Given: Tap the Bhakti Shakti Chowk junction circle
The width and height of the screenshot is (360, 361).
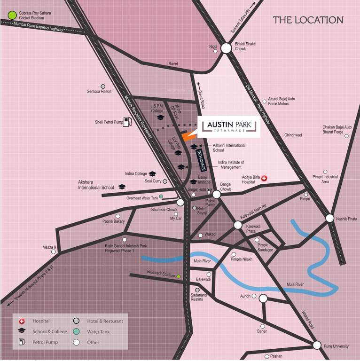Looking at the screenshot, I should (x=226, y=48).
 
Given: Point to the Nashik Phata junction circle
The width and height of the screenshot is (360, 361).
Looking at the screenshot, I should (x=329, y=218).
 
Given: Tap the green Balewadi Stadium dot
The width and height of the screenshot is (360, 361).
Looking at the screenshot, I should (x=179, y=276).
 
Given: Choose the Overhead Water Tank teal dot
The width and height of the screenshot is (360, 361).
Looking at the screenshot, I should (x=161, y=196).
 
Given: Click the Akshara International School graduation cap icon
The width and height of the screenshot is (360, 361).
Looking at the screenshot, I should (x=122, y=187).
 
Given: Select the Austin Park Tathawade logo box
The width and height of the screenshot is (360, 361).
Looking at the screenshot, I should (x=230, y=126).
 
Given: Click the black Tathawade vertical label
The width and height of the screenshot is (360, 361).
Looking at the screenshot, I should (x=200, y=159).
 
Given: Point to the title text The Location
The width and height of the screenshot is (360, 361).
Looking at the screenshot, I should (x=308, y=20).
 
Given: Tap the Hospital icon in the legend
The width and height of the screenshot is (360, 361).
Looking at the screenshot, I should (x=21, y=321).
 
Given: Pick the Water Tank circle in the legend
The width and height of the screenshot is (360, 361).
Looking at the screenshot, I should (x=76, y=332).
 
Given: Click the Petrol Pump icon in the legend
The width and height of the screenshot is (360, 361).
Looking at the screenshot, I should (x=21, y=342).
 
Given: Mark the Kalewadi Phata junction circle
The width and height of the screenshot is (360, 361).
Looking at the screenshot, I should (x=238, y=225).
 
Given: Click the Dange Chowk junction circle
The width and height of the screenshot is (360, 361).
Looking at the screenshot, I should (x=216, y=194).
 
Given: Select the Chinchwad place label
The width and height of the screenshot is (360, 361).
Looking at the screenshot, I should (x=293, y=135).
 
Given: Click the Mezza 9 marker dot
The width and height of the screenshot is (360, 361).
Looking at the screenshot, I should (x=54, y=251).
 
